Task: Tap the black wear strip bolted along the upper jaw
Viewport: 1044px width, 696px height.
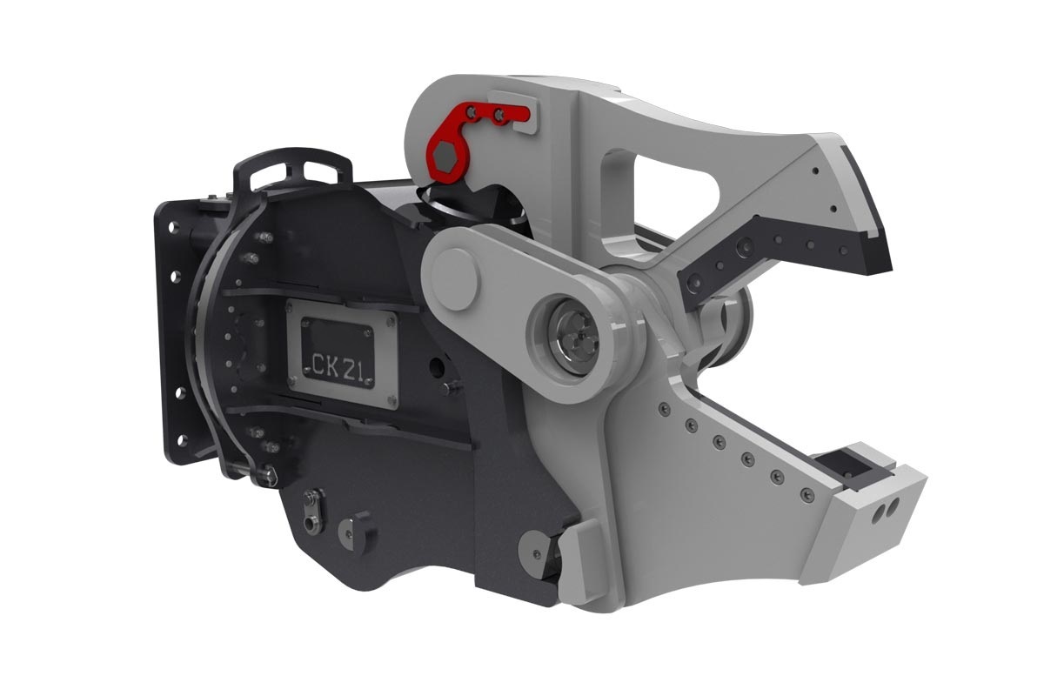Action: pyautogui.click(x=766, y=252)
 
